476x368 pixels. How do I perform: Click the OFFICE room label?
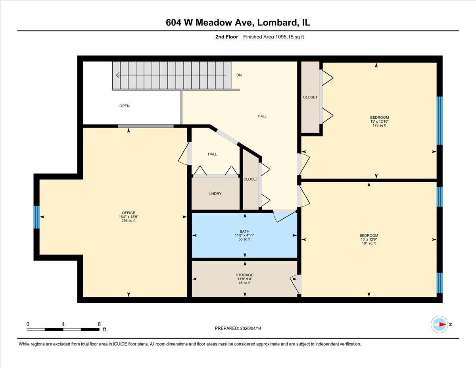tap(129, 213)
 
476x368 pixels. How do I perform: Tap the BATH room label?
tap(244, 231)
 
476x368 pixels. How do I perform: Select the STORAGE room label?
tap(244, 275)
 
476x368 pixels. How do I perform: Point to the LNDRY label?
tap(215, 194)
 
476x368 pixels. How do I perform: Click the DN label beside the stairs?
tap(239, 75)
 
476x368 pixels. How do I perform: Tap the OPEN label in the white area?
tap(125, 106)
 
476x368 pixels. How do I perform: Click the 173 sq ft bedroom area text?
tap(379, 125)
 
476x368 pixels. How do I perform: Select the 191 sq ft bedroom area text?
tap(369, 243)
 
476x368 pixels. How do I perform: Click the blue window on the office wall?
tap(36, 217)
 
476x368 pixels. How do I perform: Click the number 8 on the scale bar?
tap(99, 324)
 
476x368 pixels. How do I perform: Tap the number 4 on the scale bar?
tap(63, 324)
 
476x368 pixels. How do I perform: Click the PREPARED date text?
tap(238, 328)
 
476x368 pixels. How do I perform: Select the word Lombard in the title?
tap(276, 23)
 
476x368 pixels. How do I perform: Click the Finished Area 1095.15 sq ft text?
tap(273, 37)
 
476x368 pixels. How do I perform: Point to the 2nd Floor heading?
tap(226, 37)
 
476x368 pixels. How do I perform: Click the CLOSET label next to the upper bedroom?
tap(310, 97)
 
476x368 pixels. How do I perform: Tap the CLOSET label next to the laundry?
tap(251, 179)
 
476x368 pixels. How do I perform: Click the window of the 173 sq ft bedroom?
tap(440, 121)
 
